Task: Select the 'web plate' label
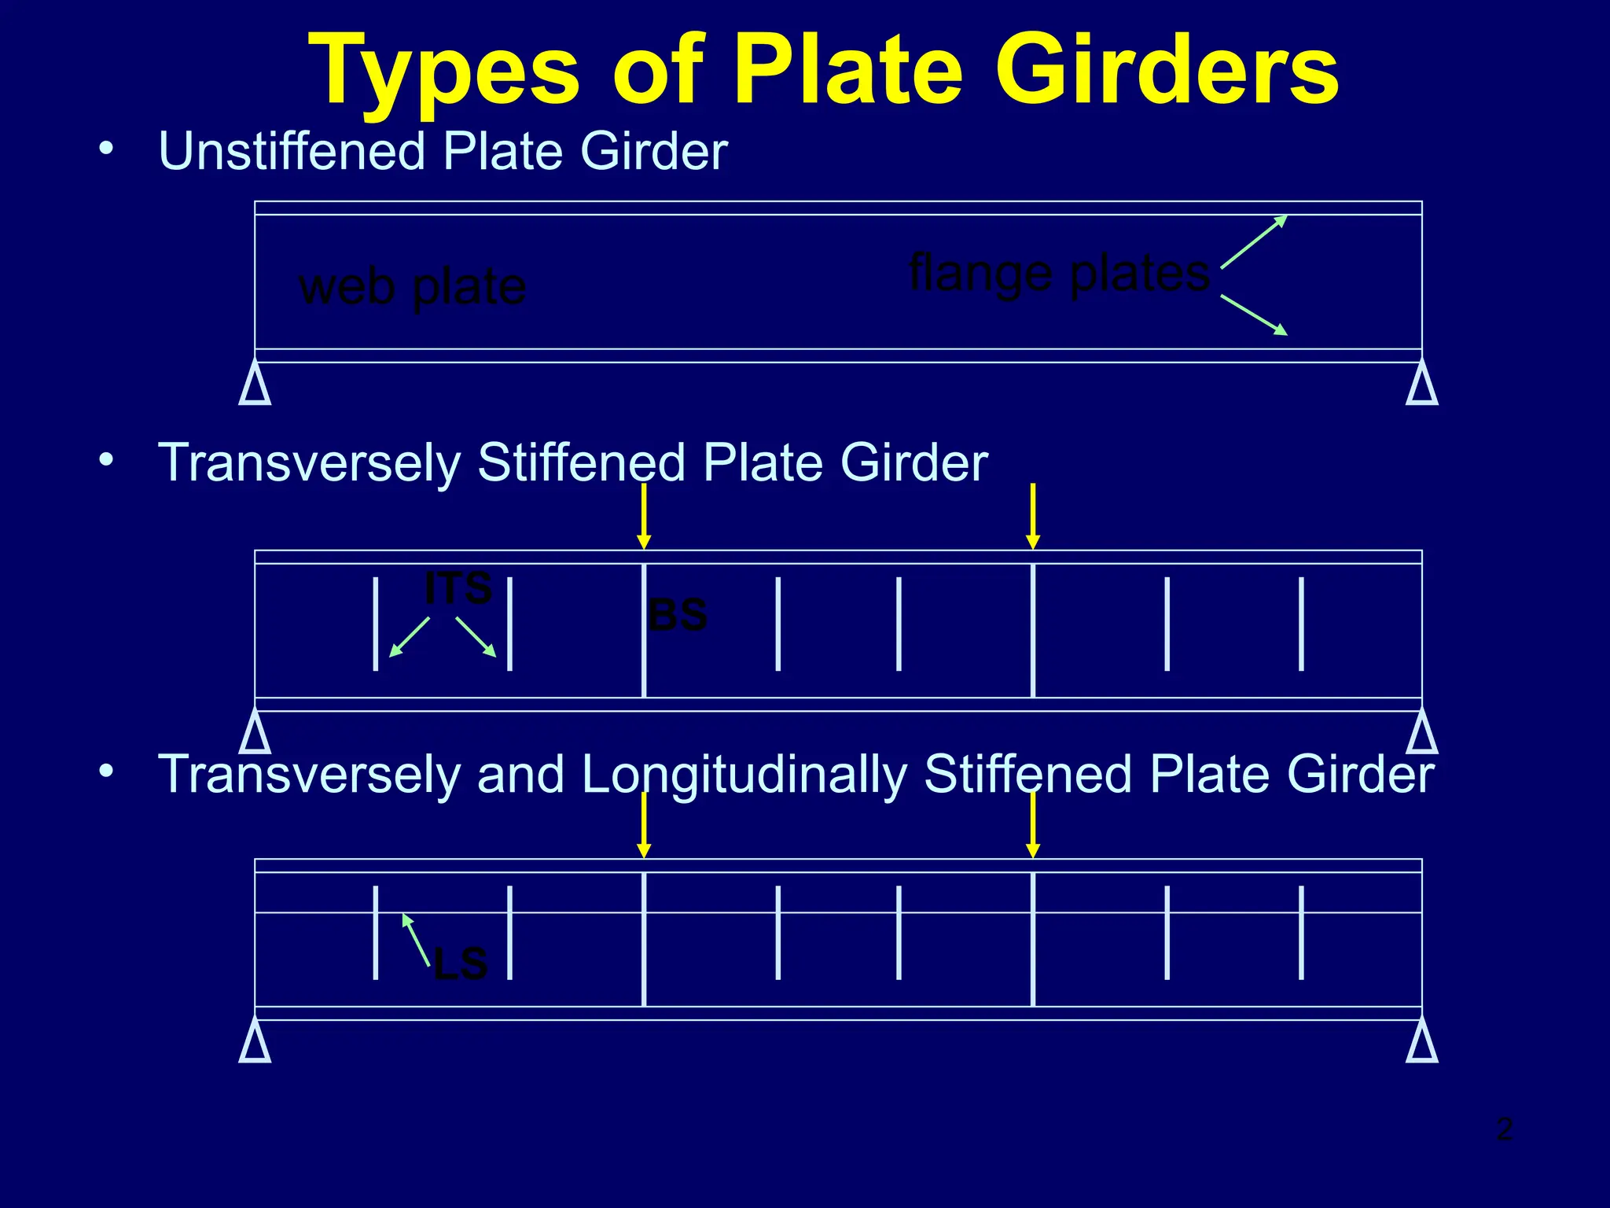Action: click(412, 287)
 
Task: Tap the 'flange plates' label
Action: click(1058, 273)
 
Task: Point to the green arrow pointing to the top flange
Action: click(1254, 241)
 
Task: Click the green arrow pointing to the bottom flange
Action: click(1254, 315)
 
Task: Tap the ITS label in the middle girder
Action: click(458, 588)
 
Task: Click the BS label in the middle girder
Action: click(678, 615)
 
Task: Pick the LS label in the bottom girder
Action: click(461, 963)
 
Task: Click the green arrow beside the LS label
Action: click(416, 939)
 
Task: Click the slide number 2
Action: click(1505, 1129)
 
